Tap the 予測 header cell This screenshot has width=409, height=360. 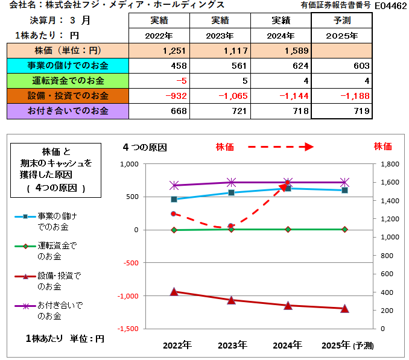[x=341, y=21]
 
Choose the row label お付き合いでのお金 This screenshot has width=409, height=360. [x=68, y=111]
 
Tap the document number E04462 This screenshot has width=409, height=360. [x=390, y=5]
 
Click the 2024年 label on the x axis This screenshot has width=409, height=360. [x=288, y=346]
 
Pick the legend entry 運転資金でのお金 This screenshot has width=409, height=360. [x=58, y=251]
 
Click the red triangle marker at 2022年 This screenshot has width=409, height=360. [x=174, y=292]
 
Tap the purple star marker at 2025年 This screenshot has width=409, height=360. [x=344, y=182]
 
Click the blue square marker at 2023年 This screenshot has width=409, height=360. [x=231, y=192]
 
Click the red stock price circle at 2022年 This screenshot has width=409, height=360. [x=174, y=213]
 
